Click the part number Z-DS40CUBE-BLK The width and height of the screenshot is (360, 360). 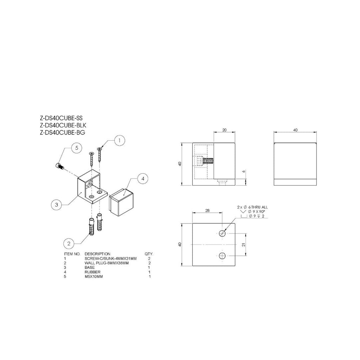[x=63, y=126]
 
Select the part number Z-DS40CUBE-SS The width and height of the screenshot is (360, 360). [x=61, y=118]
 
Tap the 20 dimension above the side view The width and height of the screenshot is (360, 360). [x=225, y=130]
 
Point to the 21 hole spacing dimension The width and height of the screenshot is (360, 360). [x=244, y=245]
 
